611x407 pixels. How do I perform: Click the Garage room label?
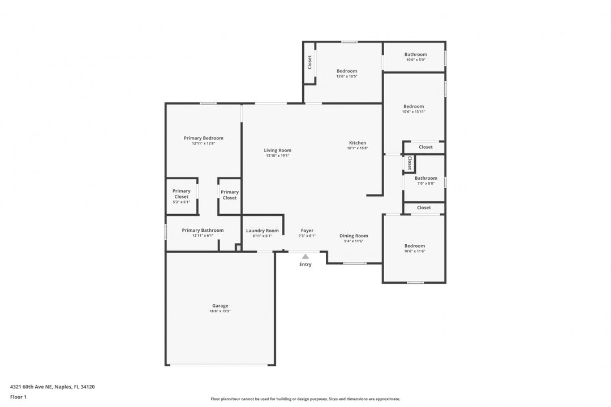pyautogui.click(x=220, y=306)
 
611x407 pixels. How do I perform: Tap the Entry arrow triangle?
pyautogui.click(x=305, y=257)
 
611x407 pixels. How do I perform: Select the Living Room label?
pyautogui.click(x=277, y=150)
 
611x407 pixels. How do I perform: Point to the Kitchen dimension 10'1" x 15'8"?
pyautogui.click(x=358, y=148)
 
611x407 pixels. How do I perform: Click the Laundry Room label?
pyautogui.click(x=262, y=231)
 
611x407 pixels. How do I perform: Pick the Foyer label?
pyautogui.click(x=307, y=231)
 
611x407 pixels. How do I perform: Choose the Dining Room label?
pyautogui.click(x=354, y=236)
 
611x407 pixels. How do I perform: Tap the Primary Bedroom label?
pyautogui.click(x=203, y=138)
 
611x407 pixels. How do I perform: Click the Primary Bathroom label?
pyautogui.click(x=203, y=230)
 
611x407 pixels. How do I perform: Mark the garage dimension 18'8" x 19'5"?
pyautogui.click(x=220, y=311)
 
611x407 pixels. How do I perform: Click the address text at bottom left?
pyautogui.click(x=52, y=387)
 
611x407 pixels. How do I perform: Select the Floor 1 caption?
pyautogui.click(x=18, y=397)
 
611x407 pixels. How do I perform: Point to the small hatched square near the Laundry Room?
pyautogui.click(x=238, y=248)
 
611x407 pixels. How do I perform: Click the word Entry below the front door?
pyautogui.click(x=305, y=265)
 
